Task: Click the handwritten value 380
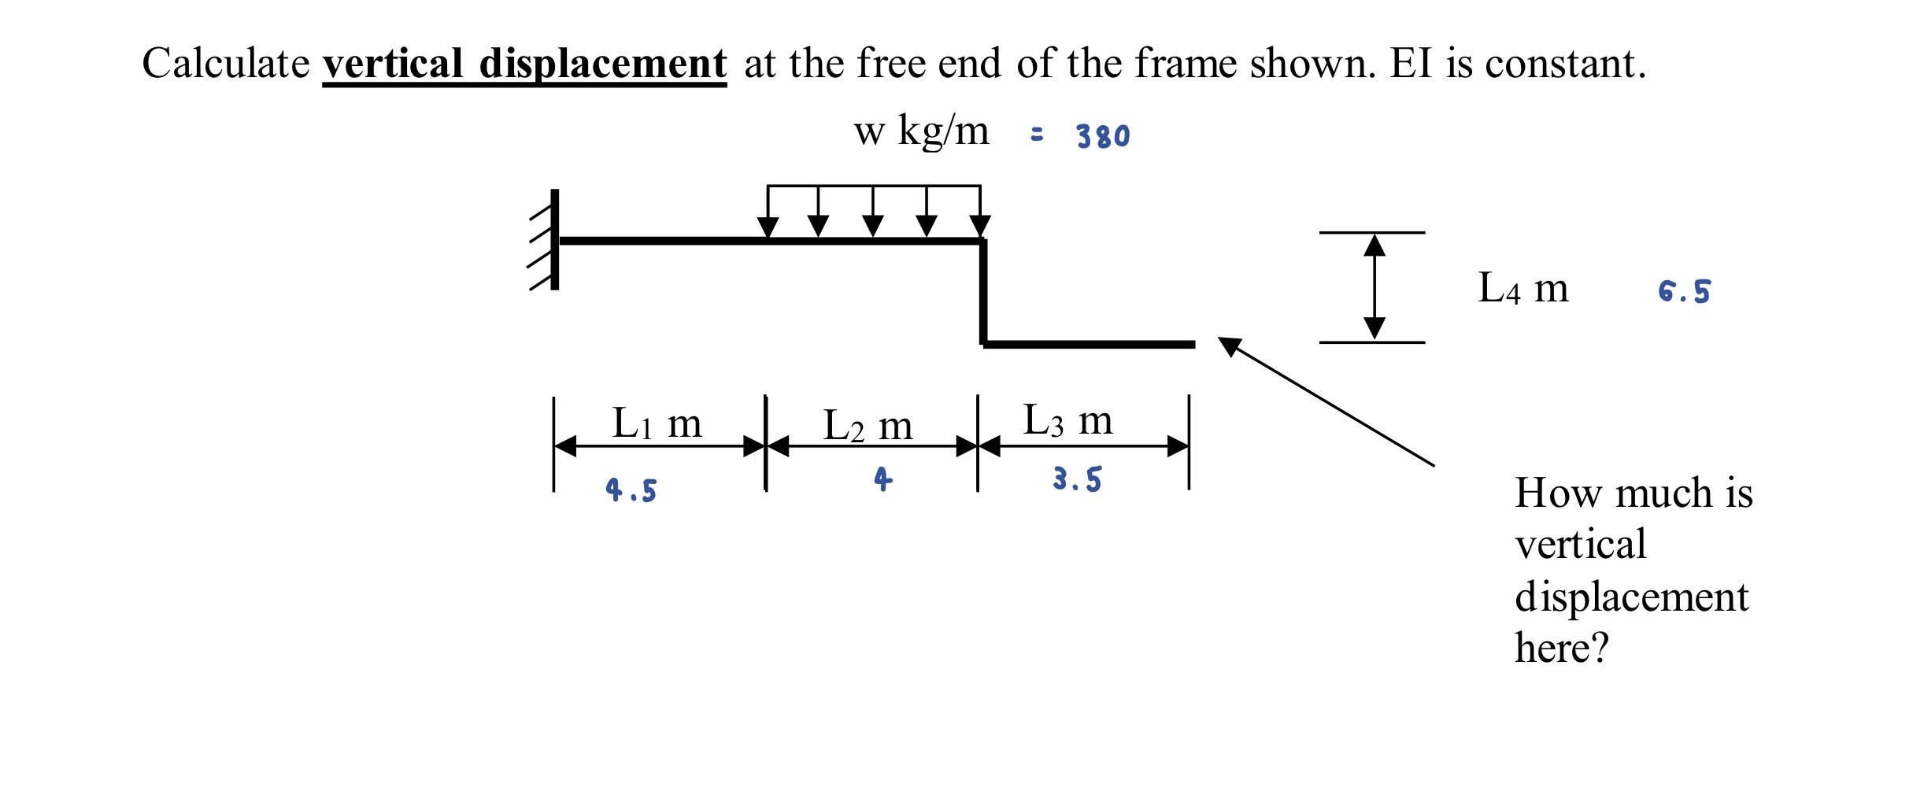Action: [1103, 136]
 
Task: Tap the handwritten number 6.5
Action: [1684, 291]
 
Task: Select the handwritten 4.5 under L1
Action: [631, 490]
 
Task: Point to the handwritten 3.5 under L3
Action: [1077, 478]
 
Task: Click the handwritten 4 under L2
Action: [882, 478]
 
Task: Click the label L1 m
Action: [657, 423]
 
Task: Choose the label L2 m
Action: [868, 426]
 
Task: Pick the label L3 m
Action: [1067, 420]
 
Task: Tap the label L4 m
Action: [1523, 288]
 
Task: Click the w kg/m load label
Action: [921, 131]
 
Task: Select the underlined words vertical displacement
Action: [524, 63]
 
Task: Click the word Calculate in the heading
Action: [226, 63]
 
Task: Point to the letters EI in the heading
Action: [1411, 63]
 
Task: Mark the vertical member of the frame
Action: [983, 292]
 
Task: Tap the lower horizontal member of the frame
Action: [1089, 344]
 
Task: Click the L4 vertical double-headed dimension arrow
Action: [1374, 287]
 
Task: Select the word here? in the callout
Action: [1561, 648]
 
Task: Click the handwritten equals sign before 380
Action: [1037, 135]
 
